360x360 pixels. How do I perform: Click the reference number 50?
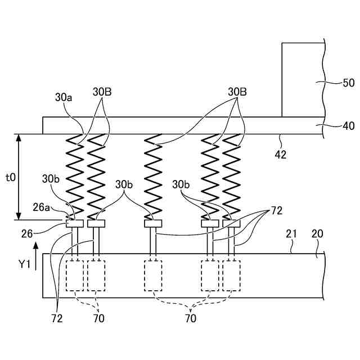348,83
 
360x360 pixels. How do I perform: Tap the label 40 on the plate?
348,127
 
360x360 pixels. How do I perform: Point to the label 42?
280,154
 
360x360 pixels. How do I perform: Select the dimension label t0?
10,177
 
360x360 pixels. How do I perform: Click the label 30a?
64,97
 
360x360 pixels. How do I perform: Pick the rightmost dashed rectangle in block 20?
231,276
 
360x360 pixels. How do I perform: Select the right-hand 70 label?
191,319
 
